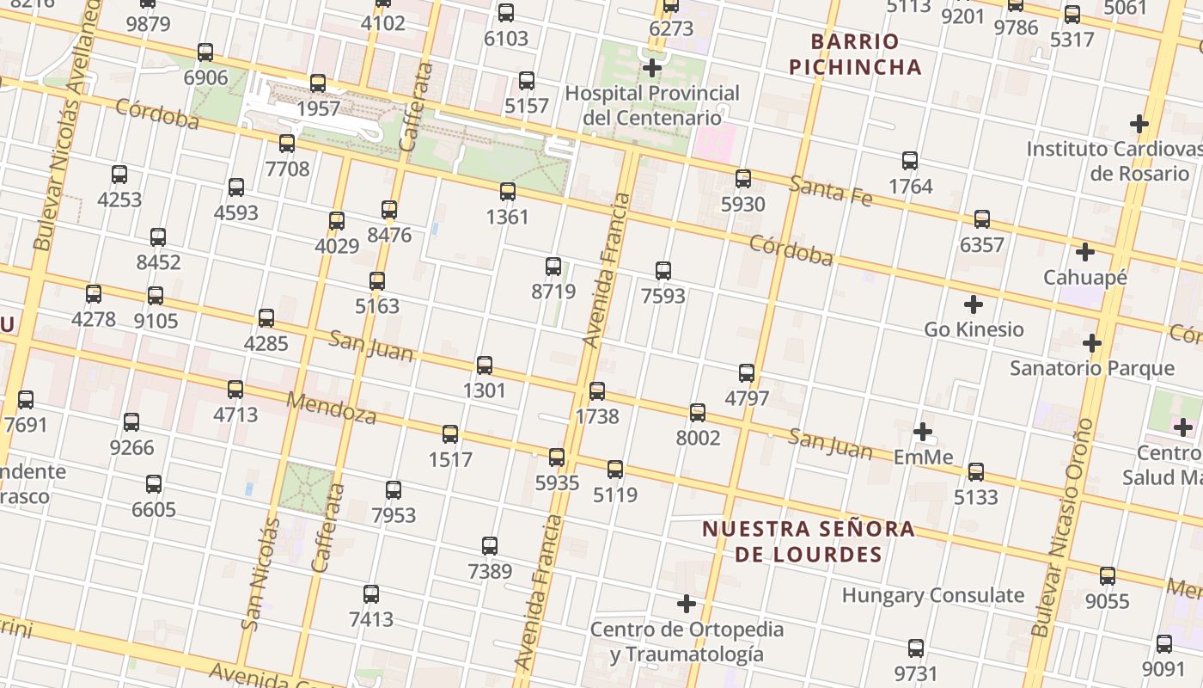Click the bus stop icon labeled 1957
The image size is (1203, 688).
click(x=318, y=83)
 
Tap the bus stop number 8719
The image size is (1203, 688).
click(x=553, y=291)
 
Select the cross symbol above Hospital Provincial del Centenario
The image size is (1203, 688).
click(x=652, y=68)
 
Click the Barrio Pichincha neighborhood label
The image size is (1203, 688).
click(x=855, y=54)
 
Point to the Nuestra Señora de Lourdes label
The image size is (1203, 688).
click(x=809, y=541)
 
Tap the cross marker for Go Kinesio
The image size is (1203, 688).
click(x=974, y=304)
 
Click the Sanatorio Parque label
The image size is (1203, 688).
click(x=1091, y=368)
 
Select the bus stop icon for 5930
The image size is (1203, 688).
click(x=743, y=179)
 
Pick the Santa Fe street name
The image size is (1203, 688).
click(x=831, y=191)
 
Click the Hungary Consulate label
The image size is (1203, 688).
click(x=932, y=595)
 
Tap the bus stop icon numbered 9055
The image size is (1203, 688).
click(x=1108, y=576)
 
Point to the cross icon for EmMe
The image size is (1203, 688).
click(x=923, y=432)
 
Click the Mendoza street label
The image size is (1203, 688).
click(x=331, y=408)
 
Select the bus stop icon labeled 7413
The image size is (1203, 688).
click(x=371, y=594)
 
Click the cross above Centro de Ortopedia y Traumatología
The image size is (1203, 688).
click(x=686, y=604)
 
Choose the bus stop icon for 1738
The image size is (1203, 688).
click(x=597, y=391)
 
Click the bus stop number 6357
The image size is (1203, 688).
click(x=981, y=245)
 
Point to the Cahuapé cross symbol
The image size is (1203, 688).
click(x=1085, y=253)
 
